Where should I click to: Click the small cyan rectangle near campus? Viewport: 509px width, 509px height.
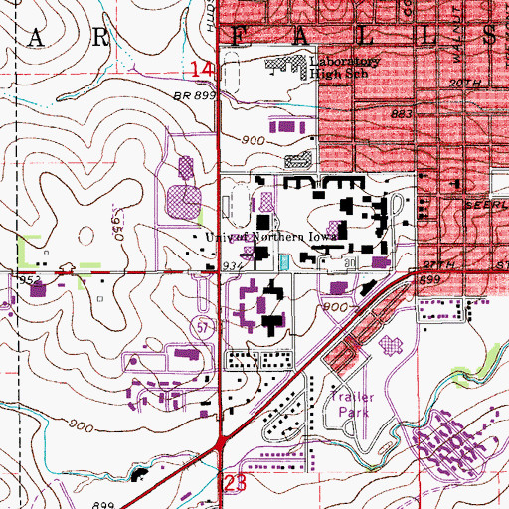click(x=285, y=261)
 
